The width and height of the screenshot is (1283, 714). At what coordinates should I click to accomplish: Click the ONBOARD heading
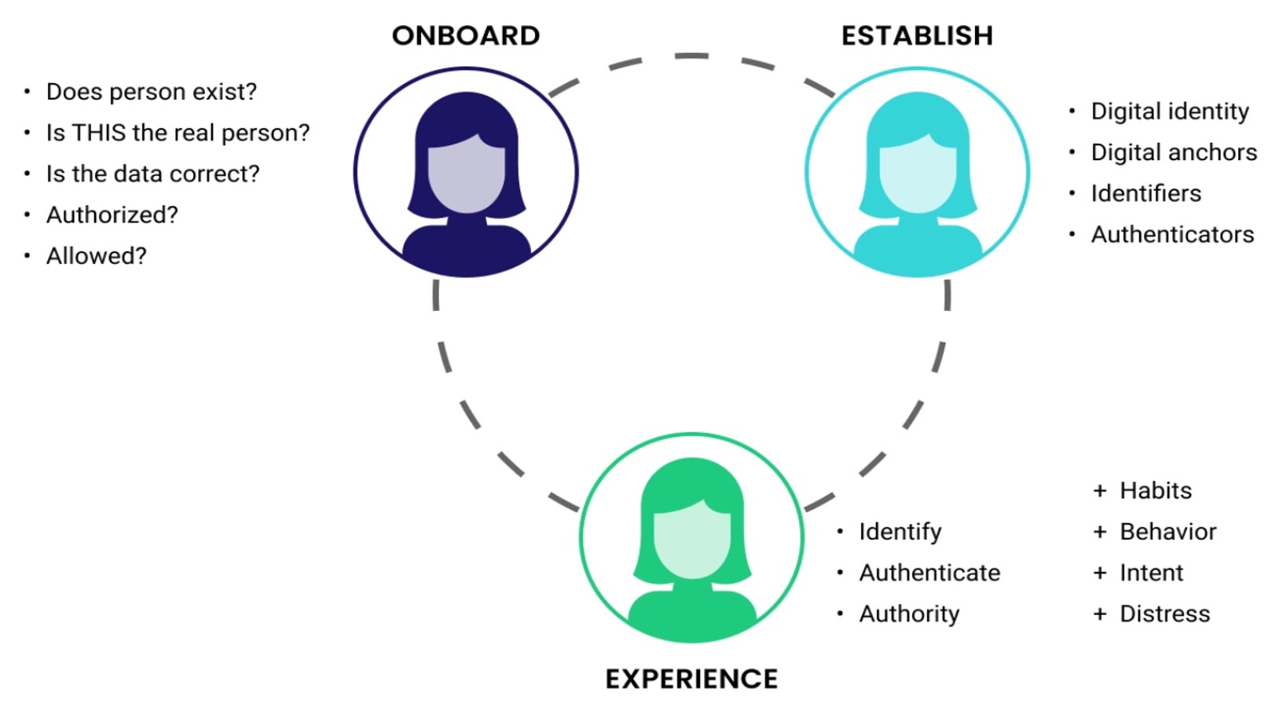tap(466, 35)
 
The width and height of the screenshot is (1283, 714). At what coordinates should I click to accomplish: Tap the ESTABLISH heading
tap(917, 35)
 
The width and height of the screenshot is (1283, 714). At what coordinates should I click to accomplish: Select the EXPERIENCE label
tap(691, 679)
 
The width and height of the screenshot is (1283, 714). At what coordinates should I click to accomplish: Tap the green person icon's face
tap(691, 542)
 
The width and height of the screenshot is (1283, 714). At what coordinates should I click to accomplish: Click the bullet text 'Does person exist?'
tap(152, 92)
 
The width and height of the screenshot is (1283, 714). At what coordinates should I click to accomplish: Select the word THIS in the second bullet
tap(100, 133)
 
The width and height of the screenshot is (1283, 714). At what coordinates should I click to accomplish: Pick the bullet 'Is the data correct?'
tap(152, 174)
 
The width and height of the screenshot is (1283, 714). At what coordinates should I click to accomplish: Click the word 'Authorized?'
tap(112, 214)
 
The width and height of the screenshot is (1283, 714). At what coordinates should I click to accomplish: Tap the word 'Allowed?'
tap(97, 256)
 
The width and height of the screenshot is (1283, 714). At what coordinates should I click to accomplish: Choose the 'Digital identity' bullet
tap(1170, 112)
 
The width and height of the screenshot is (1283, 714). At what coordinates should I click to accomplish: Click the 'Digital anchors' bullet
tap(1174, 152)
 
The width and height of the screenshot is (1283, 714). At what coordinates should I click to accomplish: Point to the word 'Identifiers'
tap(1146, 193)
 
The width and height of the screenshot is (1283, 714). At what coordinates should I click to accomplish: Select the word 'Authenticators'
tap(1172, 234)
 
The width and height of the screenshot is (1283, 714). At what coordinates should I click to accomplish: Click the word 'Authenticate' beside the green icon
tap(929, 573)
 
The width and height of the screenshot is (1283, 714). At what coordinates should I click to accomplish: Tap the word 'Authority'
tap(909, 613)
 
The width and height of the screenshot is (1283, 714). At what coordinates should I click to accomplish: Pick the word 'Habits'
tap(1156, 490)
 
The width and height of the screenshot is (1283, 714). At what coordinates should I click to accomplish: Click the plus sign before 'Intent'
tap(1100, 573)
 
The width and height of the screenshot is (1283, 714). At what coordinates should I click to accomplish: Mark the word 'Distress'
tap(1165, 613)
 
